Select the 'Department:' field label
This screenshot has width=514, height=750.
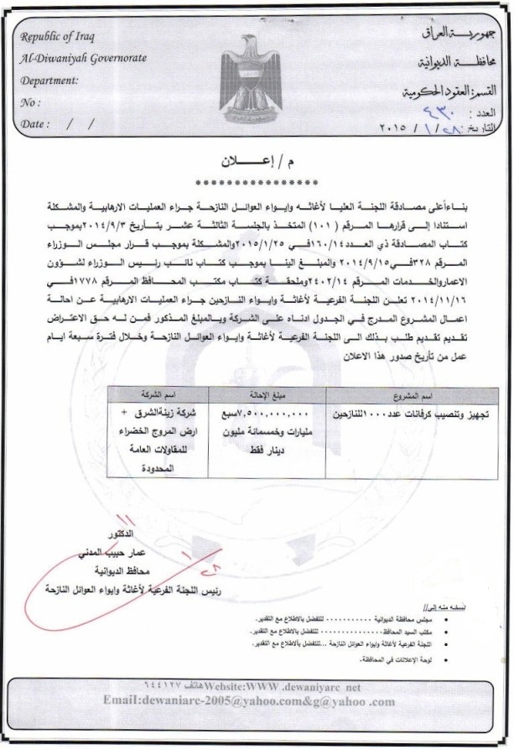coord(53,81)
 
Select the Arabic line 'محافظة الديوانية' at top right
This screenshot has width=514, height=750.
coord(446,62)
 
